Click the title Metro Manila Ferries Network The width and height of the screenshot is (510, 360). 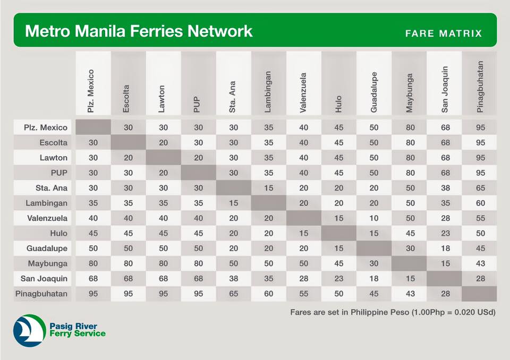(139, 31)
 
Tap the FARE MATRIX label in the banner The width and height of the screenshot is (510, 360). (443, 33)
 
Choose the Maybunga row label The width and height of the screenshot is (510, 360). (48, 263)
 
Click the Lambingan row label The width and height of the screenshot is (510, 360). (46, 203)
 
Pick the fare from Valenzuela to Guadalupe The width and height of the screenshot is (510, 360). (374, 218)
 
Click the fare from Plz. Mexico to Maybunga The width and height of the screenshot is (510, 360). (409, 127)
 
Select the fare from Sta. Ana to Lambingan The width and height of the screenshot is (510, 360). (269, 187)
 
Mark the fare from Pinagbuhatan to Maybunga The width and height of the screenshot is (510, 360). (409, 293)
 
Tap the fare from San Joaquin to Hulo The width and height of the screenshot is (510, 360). (339, 278)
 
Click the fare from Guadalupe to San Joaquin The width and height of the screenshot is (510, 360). (445, 248)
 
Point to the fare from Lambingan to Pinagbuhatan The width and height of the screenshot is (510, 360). (480, 203)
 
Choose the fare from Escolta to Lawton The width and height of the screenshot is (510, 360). (163, 142)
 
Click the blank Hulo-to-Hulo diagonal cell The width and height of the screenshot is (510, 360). (339, 233)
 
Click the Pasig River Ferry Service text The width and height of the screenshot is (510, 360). (77, 330)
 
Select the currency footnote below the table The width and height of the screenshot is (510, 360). (393, 312)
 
